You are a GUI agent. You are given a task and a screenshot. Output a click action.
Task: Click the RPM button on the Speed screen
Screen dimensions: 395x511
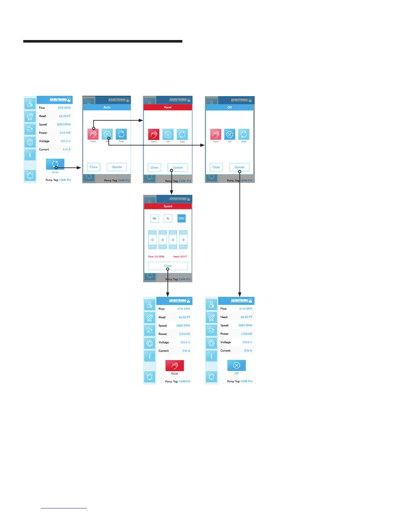point(181,218)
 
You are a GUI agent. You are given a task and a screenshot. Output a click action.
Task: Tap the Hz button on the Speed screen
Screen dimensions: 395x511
point(155,218)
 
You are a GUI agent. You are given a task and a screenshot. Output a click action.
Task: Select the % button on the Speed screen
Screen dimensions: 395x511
point(168,218)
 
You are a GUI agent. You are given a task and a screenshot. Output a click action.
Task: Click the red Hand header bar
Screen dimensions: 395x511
point(168,107)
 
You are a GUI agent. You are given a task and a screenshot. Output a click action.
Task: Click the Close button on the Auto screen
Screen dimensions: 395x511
point(94,167)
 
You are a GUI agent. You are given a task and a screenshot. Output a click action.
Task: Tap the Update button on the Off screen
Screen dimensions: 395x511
point(239,167)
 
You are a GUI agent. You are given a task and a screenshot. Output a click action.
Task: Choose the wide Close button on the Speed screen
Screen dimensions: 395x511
point(168,266)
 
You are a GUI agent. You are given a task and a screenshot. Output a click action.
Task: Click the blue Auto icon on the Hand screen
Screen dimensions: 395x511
point(182,134)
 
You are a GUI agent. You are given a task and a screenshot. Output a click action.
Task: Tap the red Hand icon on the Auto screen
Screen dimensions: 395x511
point(93,134)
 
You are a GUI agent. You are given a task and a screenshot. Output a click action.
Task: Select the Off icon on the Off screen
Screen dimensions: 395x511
point(229,134)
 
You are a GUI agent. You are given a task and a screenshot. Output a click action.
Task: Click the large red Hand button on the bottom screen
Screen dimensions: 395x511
point(175,366)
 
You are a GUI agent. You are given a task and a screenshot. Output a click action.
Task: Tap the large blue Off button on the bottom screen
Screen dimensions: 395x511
point(237,366)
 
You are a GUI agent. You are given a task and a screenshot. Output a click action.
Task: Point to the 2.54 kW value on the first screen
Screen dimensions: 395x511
point(65,133)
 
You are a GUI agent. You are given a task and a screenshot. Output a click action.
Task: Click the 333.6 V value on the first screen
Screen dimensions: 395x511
point(66,141)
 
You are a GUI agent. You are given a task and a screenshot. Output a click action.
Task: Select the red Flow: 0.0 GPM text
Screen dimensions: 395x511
point(156,256)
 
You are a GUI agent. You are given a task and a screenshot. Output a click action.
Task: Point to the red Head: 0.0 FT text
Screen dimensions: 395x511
point(180,256)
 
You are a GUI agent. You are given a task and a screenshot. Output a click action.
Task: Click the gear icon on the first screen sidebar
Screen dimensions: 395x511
point(30,142)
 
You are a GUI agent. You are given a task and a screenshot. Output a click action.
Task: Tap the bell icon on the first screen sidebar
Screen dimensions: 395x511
point(30,175)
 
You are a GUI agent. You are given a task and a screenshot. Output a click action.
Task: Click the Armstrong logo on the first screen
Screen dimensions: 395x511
point(60,100)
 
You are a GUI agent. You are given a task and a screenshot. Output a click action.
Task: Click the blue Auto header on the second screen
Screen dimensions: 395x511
point(107,107)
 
